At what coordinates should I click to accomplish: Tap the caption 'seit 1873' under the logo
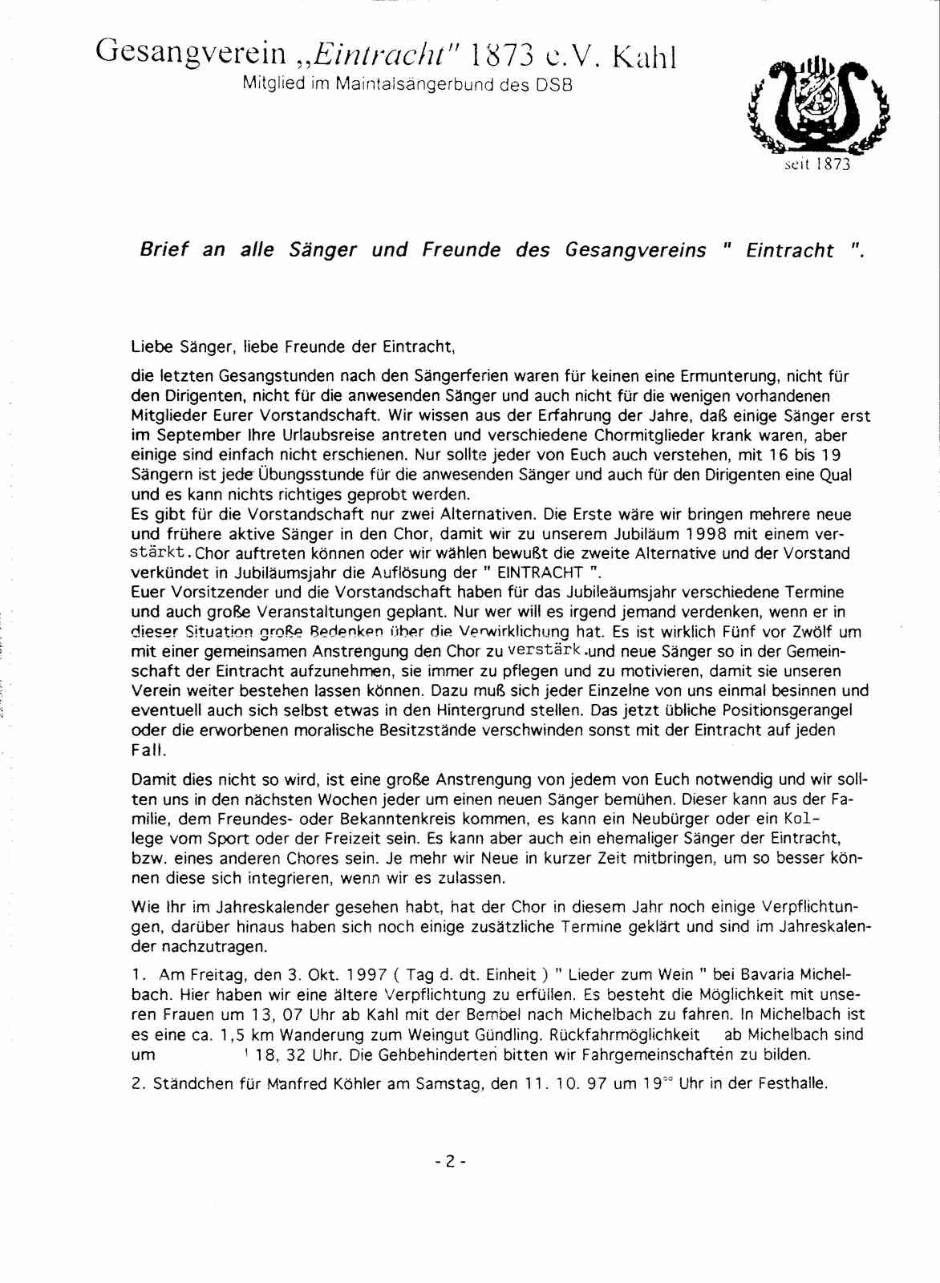click(x=817, y=165)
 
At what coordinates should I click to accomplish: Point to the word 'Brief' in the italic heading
click(x=164, y=249)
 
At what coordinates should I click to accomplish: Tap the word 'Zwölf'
click(x=811, y=632)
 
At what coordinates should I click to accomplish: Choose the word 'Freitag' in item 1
click(x=217, y=975)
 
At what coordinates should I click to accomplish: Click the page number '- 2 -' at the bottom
click(x=450, y=1160)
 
